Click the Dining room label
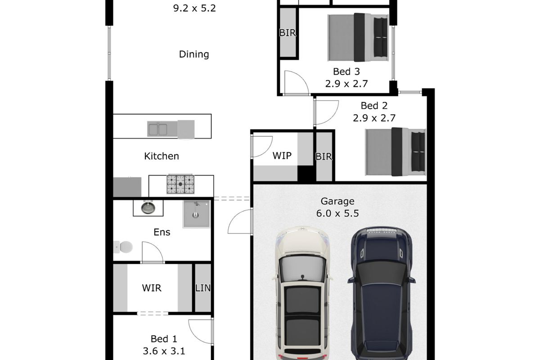tap(194, 54)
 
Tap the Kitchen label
tap(161, 156)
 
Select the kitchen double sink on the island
tap(157, 130)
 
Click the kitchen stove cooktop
tap(180, 184)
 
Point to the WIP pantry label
tap(282, 156)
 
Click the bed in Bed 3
tap(358, 37)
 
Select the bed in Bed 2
tap(395, 152)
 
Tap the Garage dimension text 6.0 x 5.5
tap(337, 214)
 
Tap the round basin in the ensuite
tap(147, 208)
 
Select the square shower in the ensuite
tap(197, 214)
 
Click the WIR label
tap(152, 288)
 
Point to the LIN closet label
tap(202, 288)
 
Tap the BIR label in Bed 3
tap(287, 33)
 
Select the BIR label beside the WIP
tap(324, 157)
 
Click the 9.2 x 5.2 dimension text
tap(194, 8)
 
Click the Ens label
tap(162, 232)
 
